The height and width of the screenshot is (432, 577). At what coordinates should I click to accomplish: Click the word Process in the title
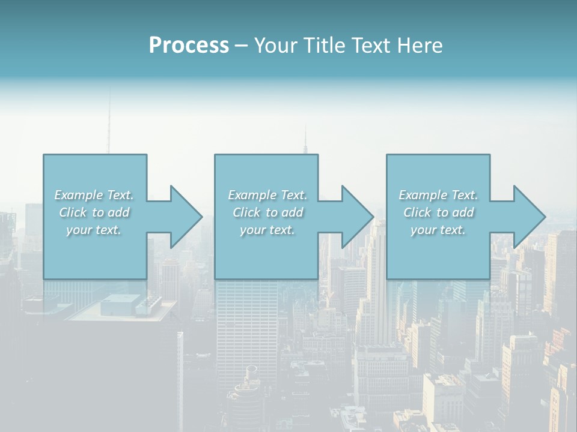point(189,46)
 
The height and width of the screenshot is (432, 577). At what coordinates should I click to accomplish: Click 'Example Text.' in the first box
point(94,195)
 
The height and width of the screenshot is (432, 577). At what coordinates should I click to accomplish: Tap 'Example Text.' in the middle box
point(267,195)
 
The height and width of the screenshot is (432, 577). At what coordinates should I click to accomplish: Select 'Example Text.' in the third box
point(438,195)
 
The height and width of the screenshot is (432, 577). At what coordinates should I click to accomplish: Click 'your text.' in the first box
point(94,230)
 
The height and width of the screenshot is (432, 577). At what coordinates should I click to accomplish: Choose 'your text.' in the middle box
point(267,230)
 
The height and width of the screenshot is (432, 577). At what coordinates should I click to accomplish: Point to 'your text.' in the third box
point(438,230)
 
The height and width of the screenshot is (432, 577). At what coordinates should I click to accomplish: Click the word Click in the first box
point(73,212)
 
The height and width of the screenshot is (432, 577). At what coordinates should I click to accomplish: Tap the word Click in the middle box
point(246,212)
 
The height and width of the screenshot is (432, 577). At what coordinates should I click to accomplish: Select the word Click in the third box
point(417,212)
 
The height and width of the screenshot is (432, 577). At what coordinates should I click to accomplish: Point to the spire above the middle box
point(305,139)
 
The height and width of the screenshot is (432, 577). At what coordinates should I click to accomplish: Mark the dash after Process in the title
point(241,46)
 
